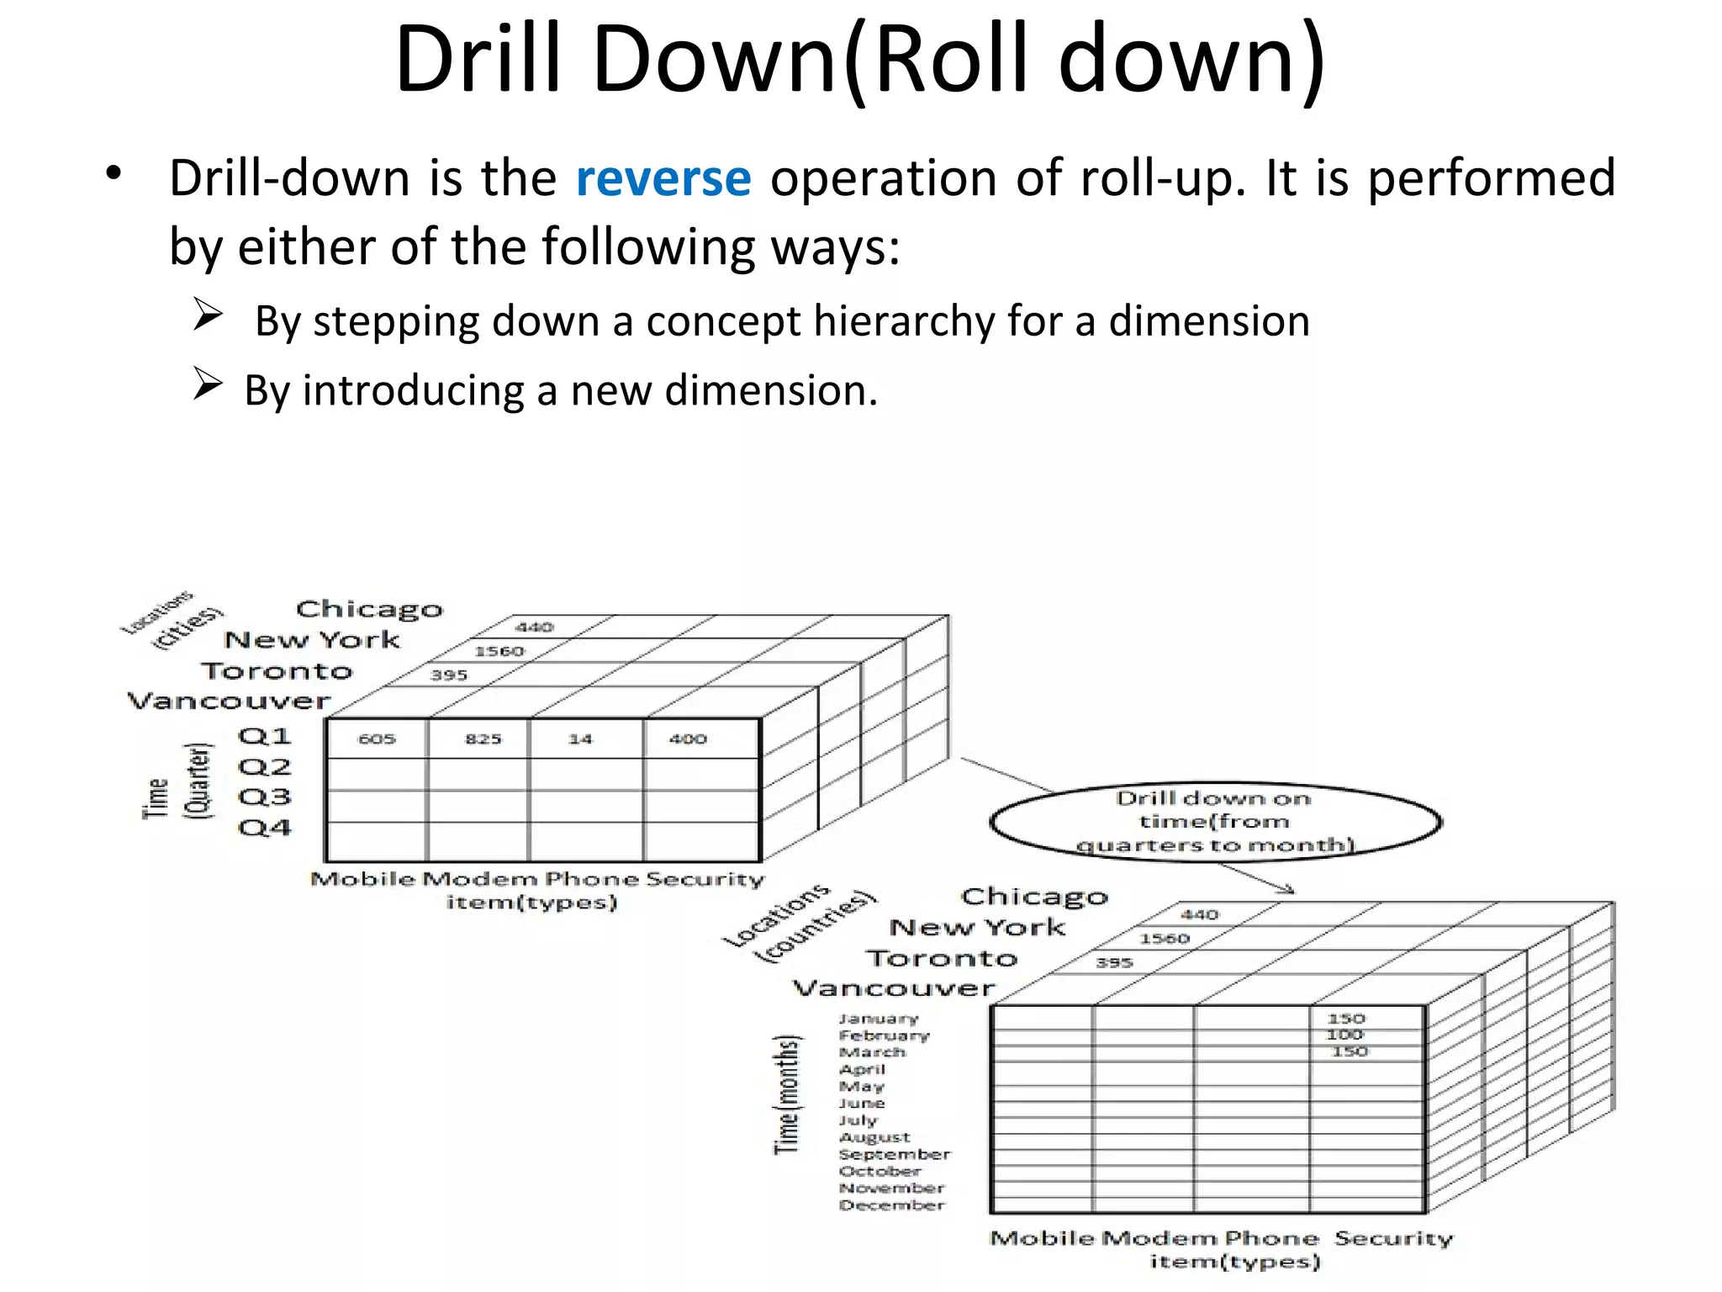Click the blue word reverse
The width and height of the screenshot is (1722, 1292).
pos(663,178)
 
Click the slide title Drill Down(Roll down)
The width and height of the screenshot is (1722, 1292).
pos(859,59)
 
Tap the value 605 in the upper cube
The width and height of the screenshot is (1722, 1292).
pos(376,739)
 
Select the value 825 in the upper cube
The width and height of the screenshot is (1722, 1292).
pos(483,739)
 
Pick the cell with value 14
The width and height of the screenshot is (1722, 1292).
pos(580,739)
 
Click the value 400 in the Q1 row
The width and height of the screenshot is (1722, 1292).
pos(688,739)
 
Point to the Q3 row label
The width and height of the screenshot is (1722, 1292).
pos(264,797)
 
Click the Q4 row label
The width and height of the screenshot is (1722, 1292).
pos(264,828)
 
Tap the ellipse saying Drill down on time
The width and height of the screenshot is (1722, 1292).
pos(1215,821)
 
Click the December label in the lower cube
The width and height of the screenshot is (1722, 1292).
pos(891,1205)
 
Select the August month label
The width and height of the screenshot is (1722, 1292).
pos(874,1137)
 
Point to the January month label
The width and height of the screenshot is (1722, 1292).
pos(879,1019)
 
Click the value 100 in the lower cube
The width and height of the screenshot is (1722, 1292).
pos(1344,1035)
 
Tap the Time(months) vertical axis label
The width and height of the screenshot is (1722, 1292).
pos(787,1093)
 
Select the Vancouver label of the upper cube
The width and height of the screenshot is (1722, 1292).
pos(229,701)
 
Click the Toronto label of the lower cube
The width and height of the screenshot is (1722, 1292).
pos(942,958)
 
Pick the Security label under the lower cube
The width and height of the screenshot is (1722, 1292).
pos(1393,1238)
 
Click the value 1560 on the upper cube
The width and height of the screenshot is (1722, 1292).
pos(499,651)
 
